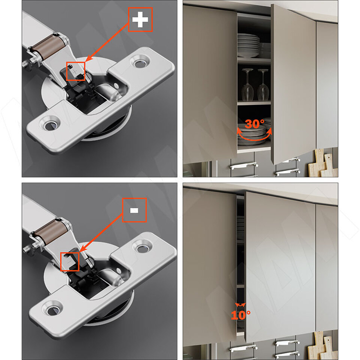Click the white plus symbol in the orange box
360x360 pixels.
140,19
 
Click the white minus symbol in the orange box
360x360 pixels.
134,210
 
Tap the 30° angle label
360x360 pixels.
254,124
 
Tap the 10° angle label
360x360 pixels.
241,315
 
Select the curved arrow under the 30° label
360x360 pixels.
254,138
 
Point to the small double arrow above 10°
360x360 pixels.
240,305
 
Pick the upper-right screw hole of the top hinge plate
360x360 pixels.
139,63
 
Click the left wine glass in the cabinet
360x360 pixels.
247,85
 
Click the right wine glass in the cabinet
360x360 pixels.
263,85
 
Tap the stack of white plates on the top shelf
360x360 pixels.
248,45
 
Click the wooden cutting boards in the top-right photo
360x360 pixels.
322,163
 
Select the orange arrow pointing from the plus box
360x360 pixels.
107,42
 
